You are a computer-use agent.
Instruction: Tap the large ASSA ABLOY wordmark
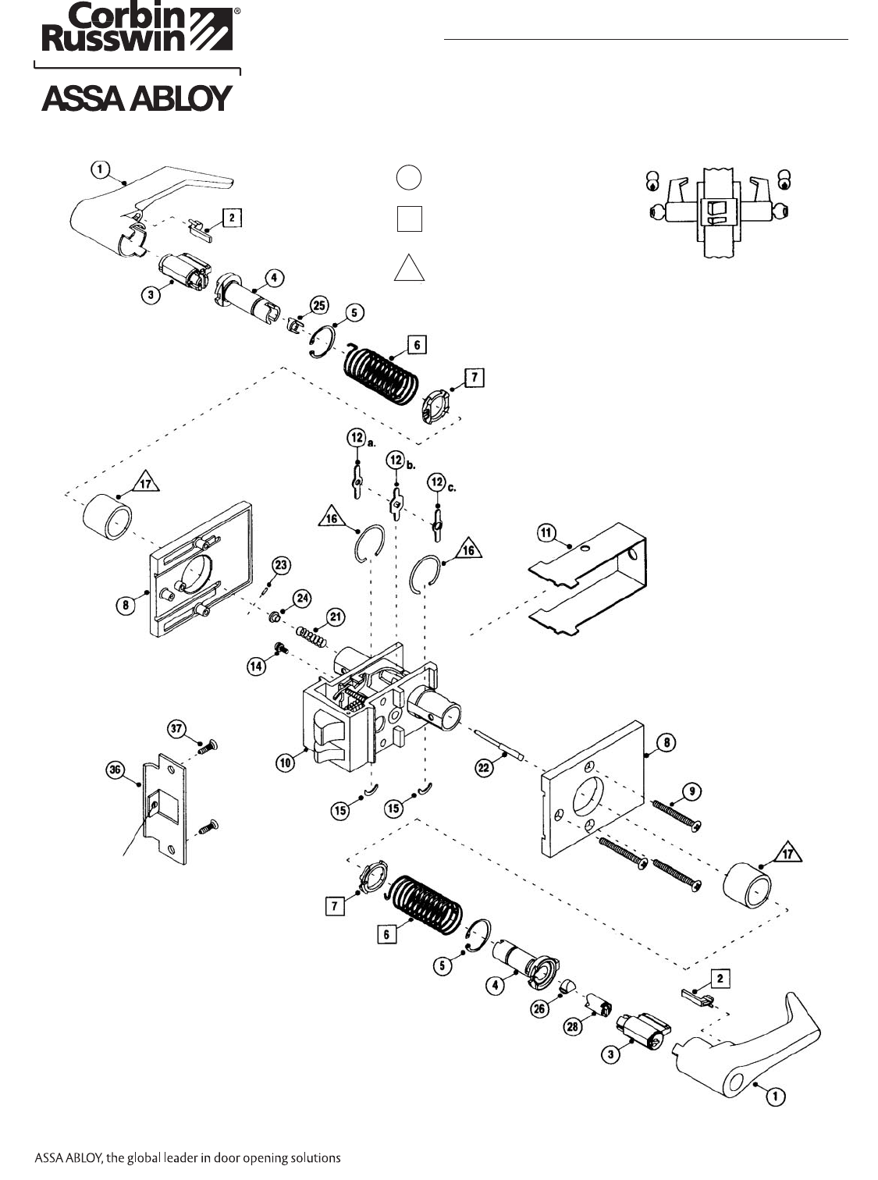pos(137,99)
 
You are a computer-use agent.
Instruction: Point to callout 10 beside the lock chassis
pos(285,762)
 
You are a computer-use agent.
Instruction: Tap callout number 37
pos(177,729)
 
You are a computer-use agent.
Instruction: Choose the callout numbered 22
pos(484,768)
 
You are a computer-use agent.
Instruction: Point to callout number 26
pos(539,1009)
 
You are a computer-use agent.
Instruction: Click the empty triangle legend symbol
pos(409,268)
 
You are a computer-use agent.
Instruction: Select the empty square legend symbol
pos(409,218)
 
